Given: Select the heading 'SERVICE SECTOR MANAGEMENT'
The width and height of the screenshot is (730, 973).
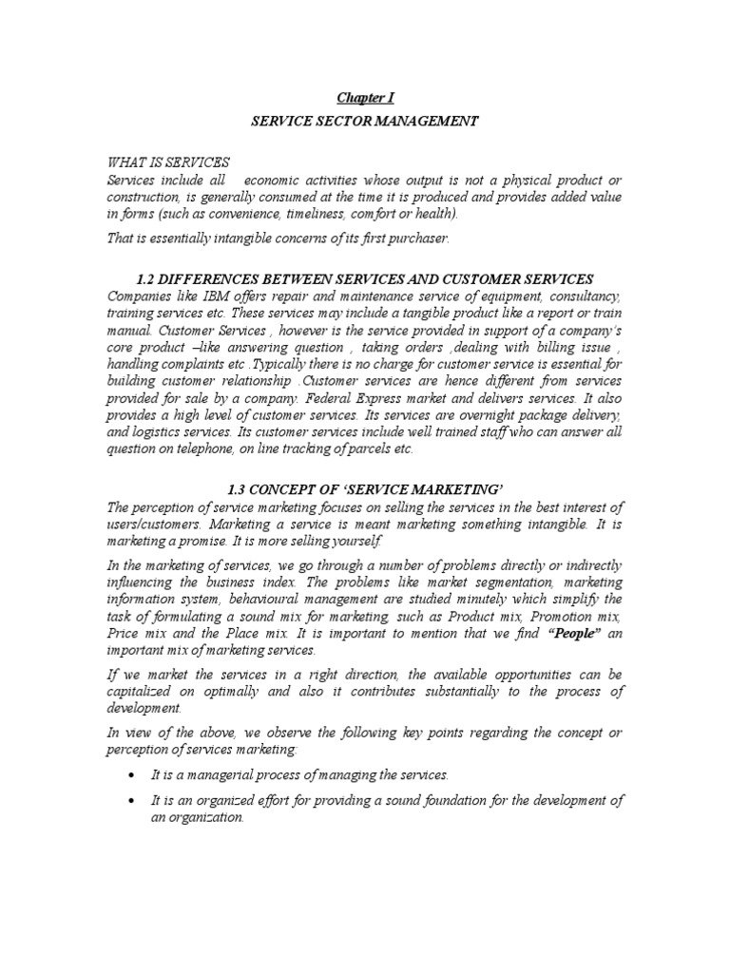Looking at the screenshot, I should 365,121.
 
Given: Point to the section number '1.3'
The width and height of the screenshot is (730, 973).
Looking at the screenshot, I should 239,488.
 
